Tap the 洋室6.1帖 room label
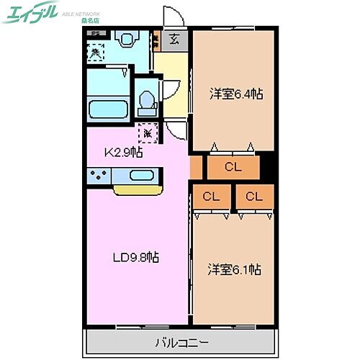click(x=235, y=270)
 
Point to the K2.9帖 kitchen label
click(x=124, y=153)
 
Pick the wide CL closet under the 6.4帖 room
click(x=232, y=168)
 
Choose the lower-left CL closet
click(x=211, y=196)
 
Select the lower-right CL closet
click(x=254, y=196)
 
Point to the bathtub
click(x=109, y=110)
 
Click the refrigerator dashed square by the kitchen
click(x=148, y=132)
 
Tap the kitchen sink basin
click(x=142, y=176)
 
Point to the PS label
click(x=94, y=33)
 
